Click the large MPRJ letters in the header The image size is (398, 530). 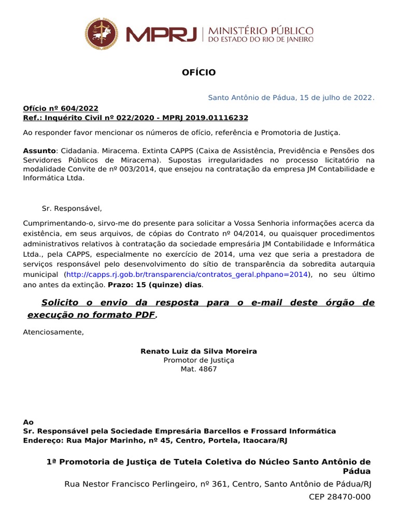pyautogui.click(x=162, y=35)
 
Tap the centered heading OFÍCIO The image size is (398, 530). pyautogui.click(x=198, y=72)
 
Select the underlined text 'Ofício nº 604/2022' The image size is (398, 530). pyautogui.click(x=60, y=108)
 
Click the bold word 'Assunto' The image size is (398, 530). pyautogui.click(x=39, y=151)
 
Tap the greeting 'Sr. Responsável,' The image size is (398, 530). pyautogui.click(x=72, y=209)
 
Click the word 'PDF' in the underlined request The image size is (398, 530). pyautogui.click(x=144, y=315)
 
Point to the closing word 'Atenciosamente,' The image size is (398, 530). pyautogui.click(x=53, y=332)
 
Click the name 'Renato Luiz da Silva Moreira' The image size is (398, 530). pyautogui.click(x=198, y=351)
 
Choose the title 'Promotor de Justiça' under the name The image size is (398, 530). pyautogui.click(x=198, y=360)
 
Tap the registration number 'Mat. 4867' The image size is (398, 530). pyautogui.click(x=198, y=369)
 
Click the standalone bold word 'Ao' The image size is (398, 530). pyautogui.click(x=28, y=422)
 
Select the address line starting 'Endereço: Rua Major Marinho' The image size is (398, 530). pyautogui.click(x=154, y=440)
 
